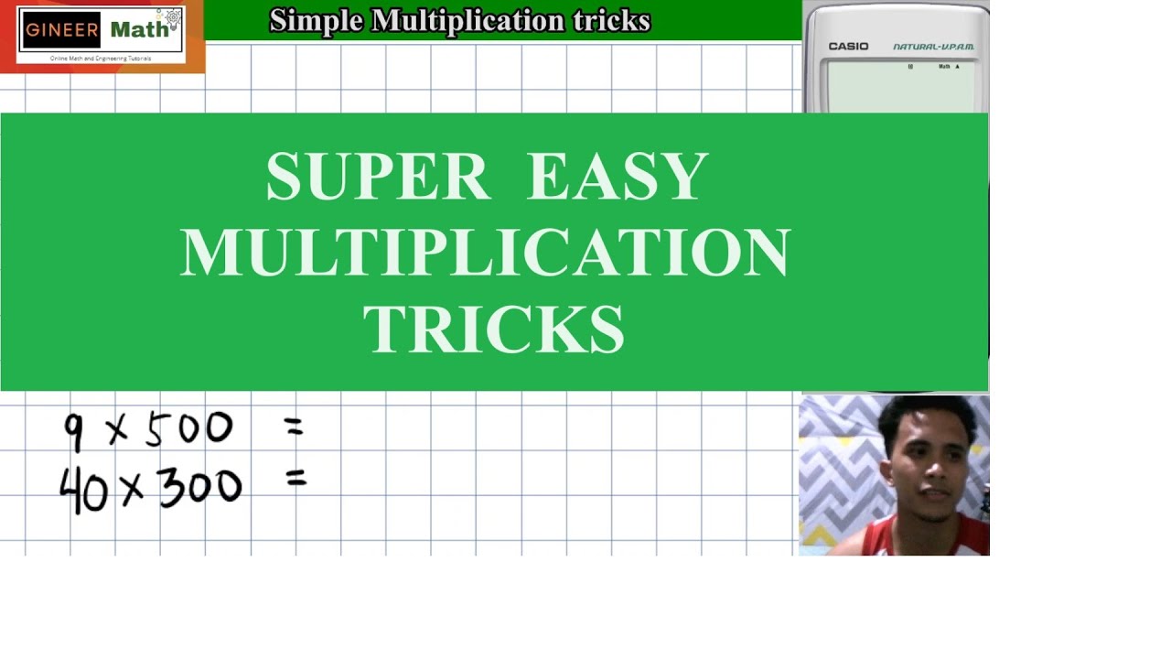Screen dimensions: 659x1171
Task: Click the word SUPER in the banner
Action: pos(377,177)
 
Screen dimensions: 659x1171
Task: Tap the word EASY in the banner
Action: pos(618,177)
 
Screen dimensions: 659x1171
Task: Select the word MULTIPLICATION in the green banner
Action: pos(485,253)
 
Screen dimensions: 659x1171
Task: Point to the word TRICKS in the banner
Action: pos(494,329)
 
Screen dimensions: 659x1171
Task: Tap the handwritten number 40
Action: pos(84,490)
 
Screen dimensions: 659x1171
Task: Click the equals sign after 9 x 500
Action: pos(293,426)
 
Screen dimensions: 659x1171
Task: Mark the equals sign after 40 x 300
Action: pos(295,478)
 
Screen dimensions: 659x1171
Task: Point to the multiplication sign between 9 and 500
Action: pos(118,431)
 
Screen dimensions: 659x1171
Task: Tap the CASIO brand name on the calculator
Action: pos(848,47)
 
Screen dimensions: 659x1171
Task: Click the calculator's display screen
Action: pos(900,87)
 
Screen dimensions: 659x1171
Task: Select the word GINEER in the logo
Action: pos(62,29)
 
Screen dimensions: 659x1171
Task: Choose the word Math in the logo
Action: pos(139,29)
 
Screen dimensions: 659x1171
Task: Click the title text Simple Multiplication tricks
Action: pos(459,20)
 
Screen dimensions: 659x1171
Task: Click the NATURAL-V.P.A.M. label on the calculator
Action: pos(933,47)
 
